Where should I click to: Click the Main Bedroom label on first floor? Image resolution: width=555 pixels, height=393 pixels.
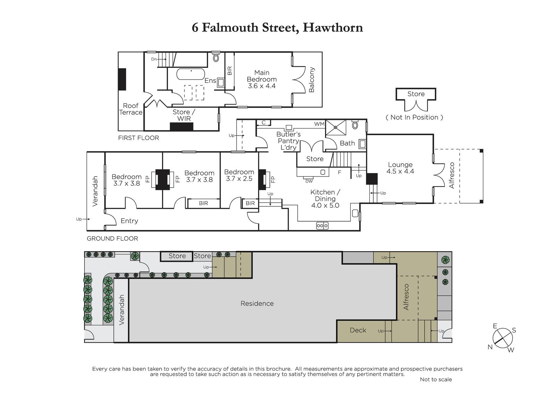coord(262,79)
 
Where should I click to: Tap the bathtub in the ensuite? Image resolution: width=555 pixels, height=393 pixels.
coord(190,74)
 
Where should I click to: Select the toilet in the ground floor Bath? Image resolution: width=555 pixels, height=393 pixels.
coord(355,125)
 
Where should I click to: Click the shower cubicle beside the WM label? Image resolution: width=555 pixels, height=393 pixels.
coord(336,128)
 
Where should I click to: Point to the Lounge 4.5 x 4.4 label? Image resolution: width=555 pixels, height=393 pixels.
coord(400,168)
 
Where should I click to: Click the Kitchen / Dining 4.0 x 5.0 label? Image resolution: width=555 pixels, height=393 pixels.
coord(325,199)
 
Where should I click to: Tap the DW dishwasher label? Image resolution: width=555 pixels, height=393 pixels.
coord(309,181)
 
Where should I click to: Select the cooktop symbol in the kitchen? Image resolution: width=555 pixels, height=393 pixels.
coord(322,226)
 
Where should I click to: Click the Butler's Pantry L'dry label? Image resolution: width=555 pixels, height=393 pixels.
coord(288,141)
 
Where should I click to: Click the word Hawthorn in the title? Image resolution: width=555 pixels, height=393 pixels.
coord(333,27)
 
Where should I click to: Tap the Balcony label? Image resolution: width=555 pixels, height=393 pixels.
coord(311,80)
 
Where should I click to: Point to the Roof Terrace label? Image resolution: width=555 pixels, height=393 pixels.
coord(131,109)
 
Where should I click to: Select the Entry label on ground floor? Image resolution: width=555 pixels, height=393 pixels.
coord(129,221)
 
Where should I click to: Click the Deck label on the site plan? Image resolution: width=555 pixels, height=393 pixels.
coord(358,330)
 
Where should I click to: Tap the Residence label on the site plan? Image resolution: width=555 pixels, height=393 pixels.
coord(257,303)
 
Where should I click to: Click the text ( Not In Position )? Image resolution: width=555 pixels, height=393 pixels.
coord(414,117)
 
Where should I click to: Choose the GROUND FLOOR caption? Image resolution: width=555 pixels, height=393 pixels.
coord(112,239)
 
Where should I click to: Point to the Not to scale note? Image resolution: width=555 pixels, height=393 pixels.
coord(436,379)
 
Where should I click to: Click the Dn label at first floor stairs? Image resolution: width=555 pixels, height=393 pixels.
coord(154,59)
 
